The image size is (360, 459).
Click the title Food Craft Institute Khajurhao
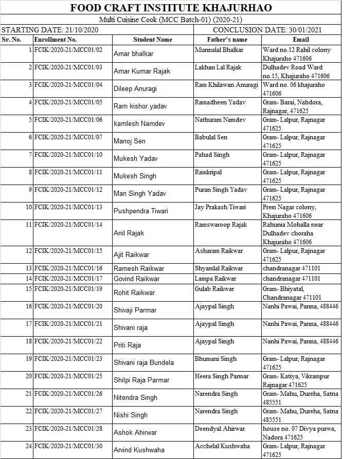click(171, 8)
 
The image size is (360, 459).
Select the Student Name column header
click(153, 40)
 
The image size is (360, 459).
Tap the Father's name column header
click(227, 40)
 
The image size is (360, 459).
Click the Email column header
click(301, 40)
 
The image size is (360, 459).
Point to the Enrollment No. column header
click(55, 40)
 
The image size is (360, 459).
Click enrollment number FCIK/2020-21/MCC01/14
click(68, 225)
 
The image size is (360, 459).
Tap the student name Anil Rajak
click(129, 233)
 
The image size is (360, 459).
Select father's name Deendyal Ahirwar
click(220, 429)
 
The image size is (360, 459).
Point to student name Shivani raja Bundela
click(143, 362)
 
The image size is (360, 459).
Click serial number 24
click(29, 446)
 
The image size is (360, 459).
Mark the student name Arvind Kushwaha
click(139, 450)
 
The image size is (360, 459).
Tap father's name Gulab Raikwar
click(214, 289)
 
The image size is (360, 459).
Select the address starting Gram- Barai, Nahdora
click(292, 106)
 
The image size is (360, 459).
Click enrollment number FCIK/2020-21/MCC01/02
click(68, 50)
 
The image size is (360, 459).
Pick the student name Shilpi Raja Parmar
click(141, 380)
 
